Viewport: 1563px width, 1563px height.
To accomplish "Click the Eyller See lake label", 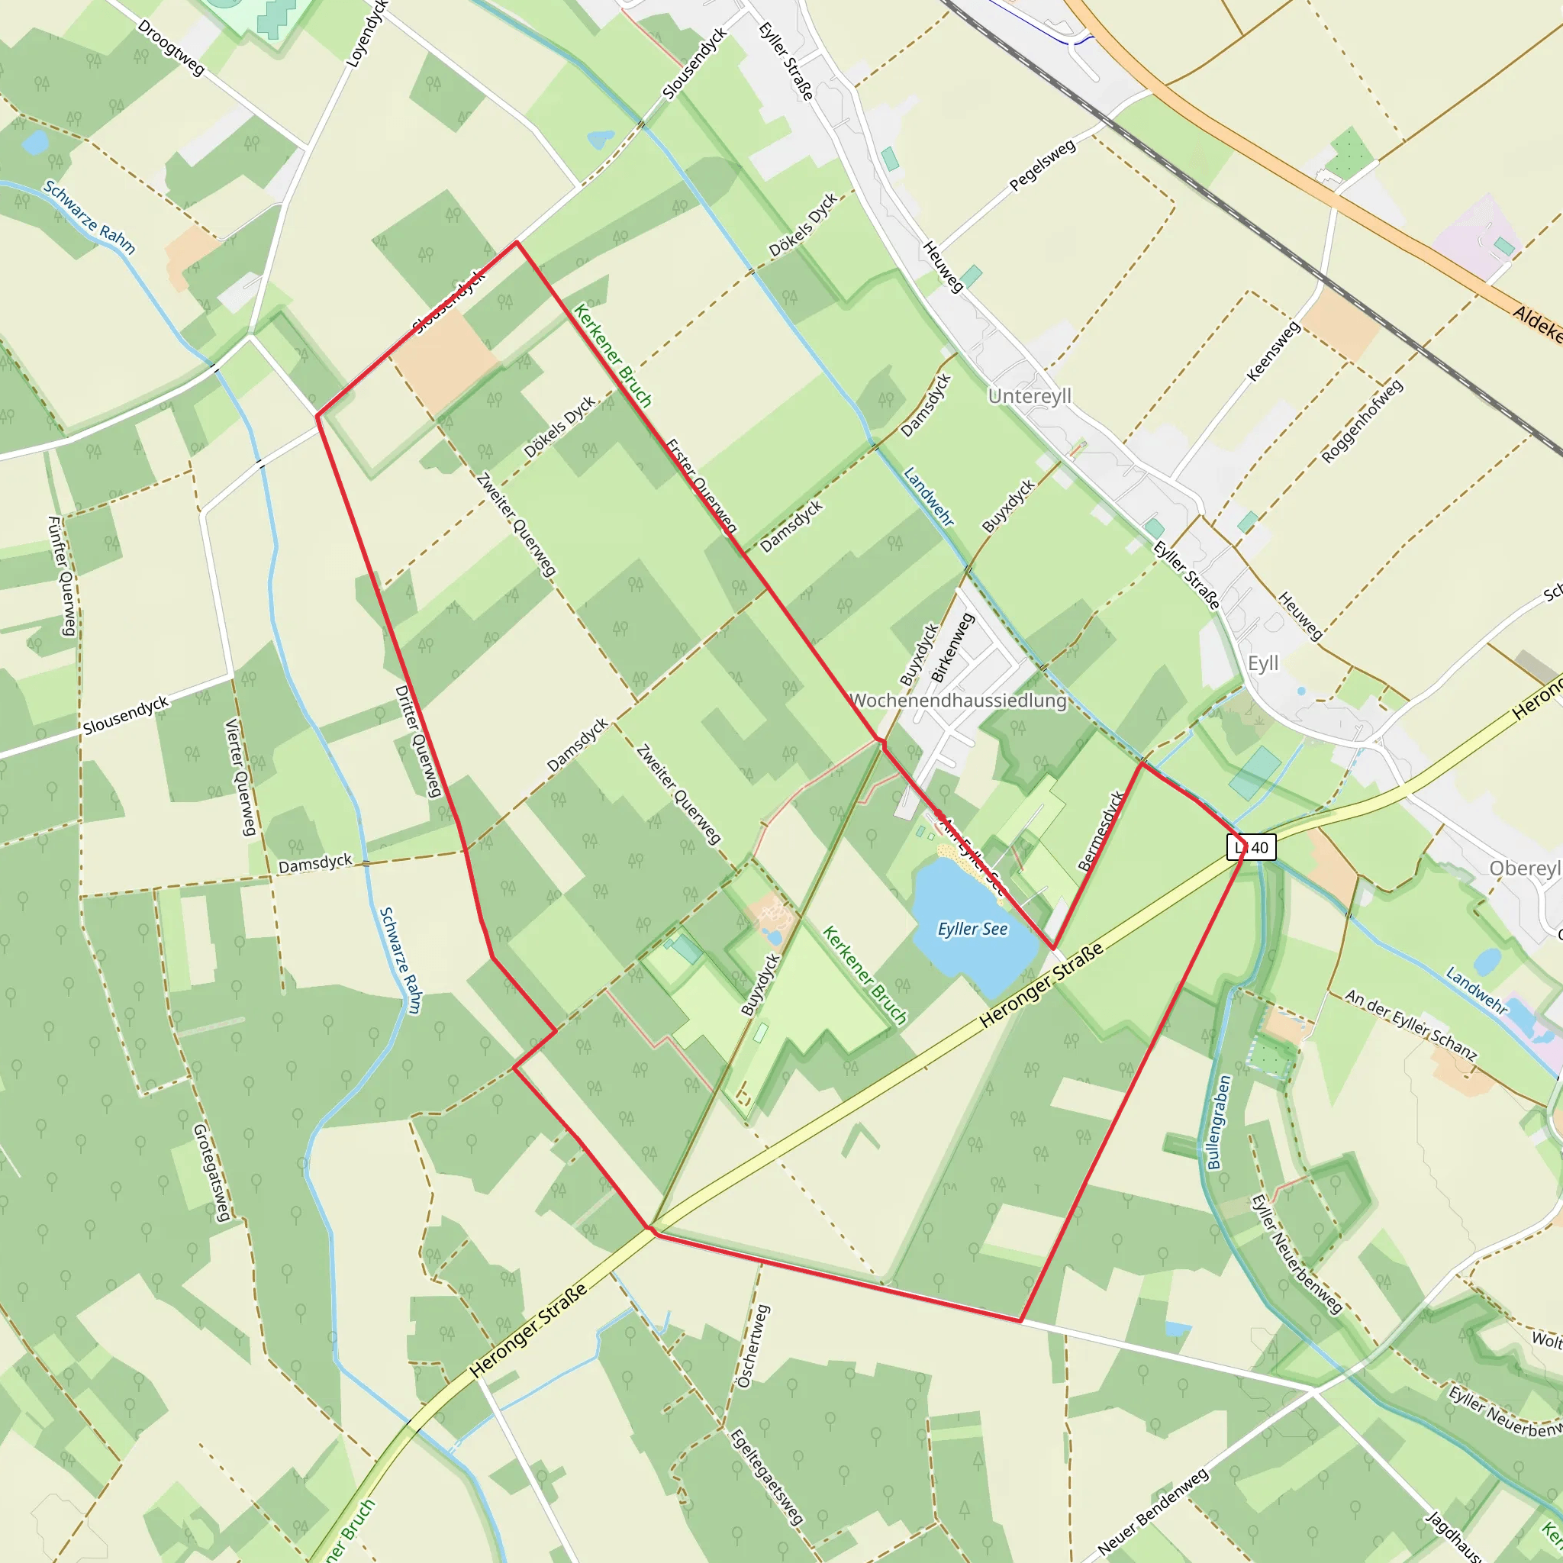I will tap(972, 930).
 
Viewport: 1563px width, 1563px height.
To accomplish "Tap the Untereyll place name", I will tap(1030, 396).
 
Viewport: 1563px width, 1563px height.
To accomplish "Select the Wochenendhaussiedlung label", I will tap(959, 701).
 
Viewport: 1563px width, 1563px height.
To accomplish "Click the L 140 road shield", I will tap(1252, 848).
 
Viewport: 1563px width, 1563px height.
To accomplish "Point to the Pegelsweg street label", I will tap(1043, 166).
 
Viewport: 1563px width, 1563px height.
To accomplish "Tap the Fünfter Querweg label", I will tap(62, 576).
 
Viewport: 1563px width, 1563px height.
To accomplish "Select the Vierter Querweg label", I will tap(240, 777).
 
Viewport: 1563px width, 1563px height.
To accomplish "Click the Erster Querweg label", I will tap(701, 486).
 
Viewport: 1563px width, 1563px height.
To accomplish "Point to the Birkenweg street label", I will tap(952, 647).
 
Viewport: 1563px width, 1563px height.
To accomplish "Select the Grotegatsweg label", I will tap(212, 1172).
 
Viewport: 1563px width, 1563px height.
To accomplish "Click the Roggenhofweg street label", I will tap(1362, 422).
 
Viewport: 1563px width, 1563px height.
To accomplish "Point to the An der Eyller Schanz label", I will tap(1411, 1026).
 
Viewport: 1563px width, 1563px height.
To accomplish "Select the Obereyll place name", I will tap(1525, 868).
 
